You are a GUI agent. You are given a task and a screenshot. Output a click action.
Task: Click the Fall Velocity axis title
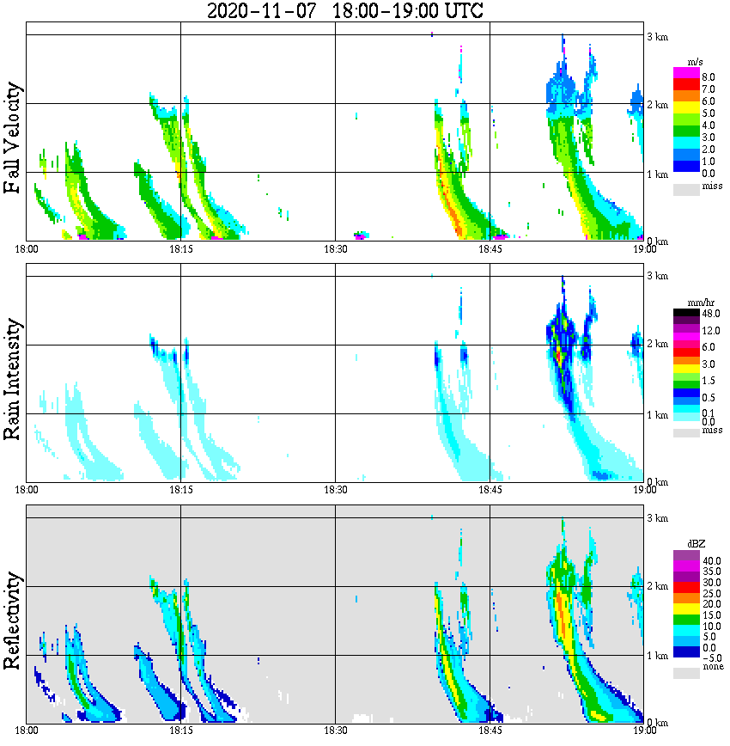coord(13,138)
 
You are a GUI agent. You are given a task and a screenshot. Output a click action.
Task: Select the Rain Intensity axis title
coord(13,379)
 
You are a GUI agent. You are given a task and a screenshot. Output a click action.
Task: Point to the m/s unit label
coord(696,63)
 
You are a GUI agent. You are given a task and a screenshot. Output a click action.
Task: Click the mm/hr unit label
coord(697,303)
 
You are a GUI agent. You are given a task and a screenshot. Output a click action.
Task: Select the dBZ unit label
coord(697,544)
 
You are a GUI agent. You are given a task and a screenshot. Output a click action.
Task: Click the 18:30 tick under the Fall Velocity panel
coord(335,249)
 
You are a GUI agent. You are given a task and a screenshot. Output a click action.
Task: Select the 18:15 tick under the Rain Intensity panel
coord(180,490)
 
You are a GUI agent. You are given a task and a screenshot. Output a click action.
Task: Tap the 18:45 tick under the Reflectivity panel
coord(490,731)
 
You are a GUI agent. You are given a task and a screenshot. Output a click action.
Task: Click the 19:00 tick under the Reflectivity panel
coord(644,731)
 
